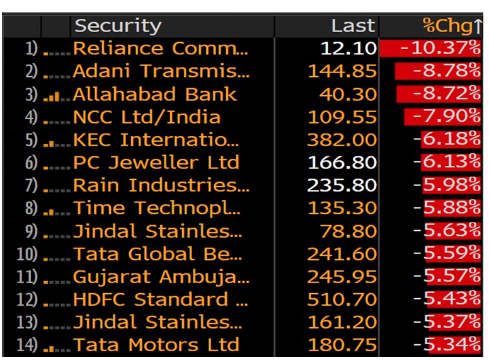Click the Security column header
click(x=118, y=26)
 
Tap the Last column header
click(x=353, y=26)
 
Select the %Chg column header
click(x=451, y=26)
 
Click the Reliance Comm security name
click(x=161, y=49)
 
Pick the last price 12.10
click(x=348, y=49)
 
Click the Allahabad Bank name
click(x=155, y=95)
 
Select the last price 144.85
click(x=342, y=71)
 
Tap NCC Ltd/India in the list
click(x=147, y=117)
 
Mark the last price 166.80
click(x=342, y=163)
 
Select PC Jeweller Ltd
click(x=156, y=163)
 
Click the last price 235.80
click(x=342, y=186)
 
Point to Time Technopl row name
click(x=157, y=209)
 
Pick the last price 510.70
click(x=342, y=299)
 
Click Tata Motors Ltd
click(x=156, y=345)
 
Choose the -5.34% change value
click(x=447, y=345)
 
